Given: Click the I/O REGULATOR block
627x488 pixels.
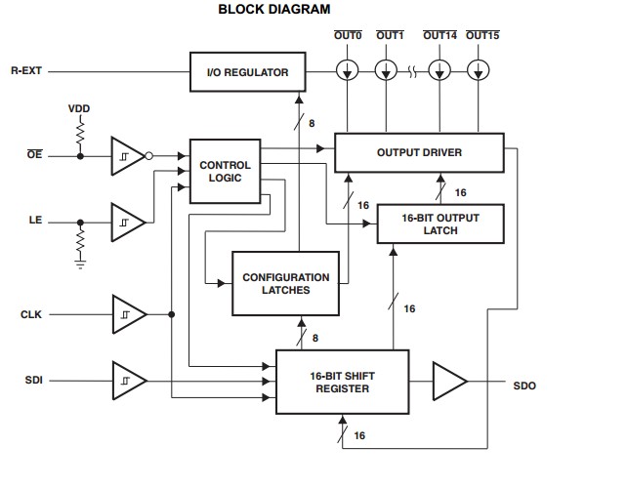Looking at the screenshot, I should coord(247,72).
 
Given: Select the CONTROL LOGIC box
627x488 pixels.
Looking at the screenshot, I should coord(225,172).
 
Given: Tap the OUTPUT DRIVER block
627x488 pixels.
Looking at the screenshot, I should coord(419,153).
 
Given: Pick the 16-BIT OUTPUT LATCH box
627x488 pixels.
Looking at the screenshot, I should coord(440,224).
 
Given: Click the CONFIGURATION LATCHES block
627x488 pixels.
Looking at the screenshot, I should coord(287,284).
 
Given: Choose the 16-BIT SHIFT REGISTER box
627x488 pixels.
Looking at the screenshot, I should coord(342,381).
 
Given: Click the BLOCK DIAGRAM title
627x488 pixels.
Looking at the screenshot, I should coord(273,9).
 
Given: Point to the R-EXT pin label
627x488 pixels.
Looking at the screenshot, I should coord(26,72).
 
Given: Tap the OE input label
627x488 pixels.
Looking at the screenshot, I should coord(34,155).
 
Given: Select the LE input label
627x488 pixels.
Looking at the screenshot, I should coord(34,221).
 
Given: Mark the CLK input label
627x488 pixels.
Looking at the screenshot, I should coord(31,314).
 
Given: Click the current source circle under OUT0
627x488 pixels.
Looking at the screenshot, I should coord(349,71).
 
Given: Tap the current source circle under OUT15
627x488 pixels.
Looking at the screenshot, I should coord(478,71).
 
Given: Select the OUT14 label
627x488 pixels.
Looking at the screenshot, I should coord(439,36).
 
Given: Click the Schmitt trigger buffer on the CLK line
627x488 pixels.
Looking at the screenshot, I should coord(128,314).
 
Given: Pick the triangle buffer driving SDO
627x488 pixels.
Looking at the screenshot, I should coord(448,380).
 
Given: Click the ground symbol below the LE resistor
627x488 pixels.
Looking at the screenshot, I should coord(80,261).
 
